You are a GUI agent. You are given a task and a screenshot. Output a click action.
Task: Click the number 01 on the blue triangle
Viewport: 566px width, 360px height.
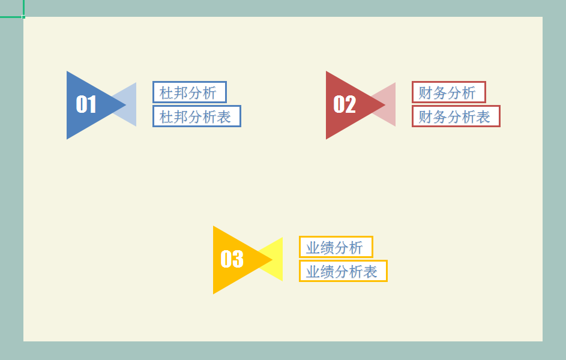[x=86, y=104]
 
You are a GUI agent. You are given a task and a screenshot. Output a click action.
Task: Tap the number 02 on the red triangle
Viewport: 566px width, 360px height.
[x=345, y=104]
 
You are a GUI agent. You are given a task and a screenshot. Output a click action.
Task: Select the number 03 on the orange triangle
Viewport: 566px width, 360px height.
[x=232, y=259]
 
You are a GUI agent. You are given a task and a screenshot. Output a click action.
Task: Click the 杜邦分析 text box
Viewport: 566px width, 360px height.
[x=189, y=92]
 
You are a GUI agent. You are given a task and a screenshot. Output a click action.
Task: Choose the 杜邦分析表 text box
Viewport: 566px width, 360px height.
[x=196, y=116]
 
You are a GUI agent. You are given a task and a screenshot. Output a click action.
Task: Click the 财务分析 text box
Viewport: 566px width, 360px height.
[x=448, y=92]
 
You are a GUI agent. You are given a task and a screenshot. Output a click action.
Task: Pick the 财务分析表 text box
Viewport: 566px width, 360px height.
[x=456, y=116]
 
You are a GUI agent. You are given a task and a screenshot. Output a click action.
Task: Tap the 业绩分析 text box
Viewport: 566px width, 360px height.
[x=336, y=247]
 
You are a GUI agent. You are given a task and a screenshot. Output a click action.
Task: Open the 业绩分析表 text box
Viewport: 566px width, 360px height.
[x=343, y=271]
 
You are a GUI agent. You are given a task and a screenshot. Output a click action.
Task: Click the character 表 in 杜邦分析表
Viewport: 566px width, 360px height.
[x=224, y=117]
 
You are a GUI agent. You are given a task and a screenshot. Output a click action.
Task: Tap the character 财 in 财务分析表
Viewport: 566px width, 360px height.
[x=426, y=117]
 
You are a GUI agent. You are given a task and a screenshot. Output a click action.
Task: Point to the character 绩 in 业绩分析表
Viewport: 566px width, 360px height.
[x=328, y=272]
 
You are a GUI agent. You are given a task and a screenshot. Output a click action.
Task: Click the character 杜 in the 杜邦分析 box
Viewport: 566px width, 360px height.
[x=166, y=93]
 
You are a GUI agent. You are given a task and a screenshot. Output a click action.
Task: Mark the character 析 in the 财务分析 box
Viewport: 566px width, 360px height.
[x=469, y=93]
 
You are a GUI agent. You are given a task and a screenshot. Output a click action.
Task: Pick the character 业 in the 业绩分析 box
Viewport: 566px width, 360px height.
[x=313, y=248]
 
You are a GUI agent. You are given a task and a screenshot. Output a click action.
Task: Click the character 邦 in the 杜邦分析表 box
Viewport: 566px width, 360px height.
[x=181, y=117]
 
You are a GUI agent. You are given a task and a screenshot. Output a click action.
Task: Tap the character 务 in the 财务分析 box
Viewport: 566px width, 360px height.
[x=440, y=93]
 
